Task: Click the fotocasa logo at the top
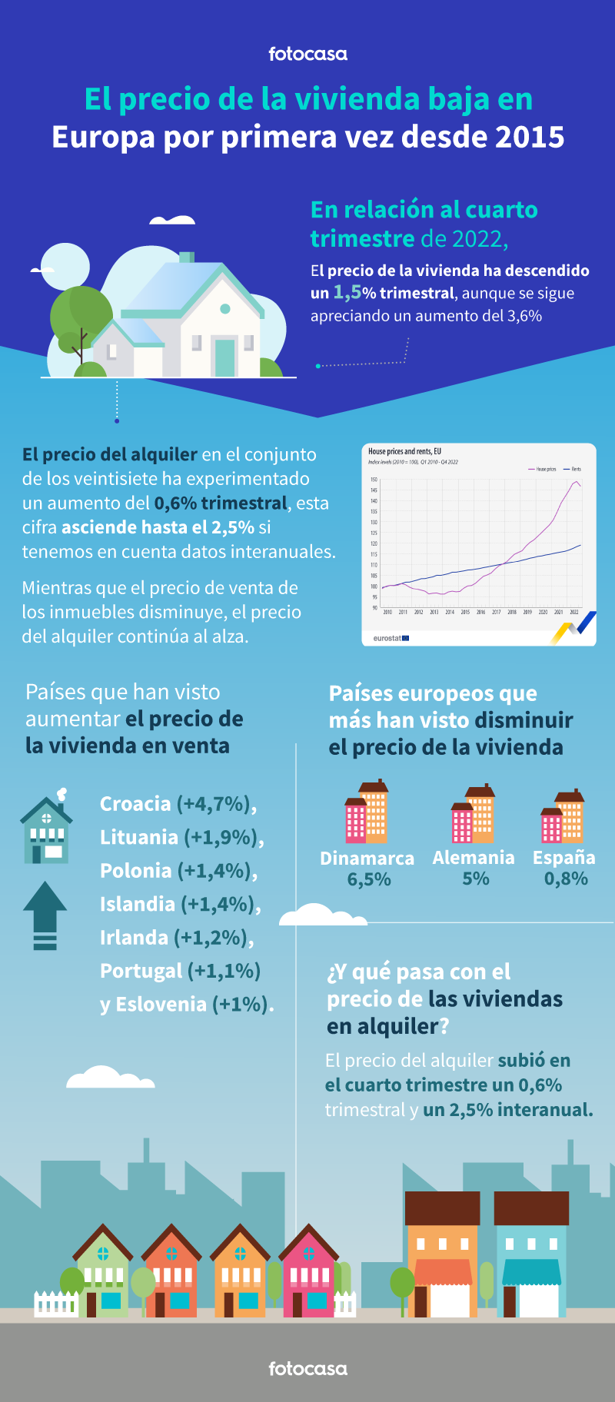pyautogui.click(x=307, y=54)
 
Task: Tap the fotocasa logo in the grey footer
pyautogui.click(x=307, y=1368)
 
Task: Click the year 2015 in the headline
pyautogui.click(x=530, y=137)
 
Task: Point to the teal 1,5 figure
pyautogui.click(x=347, y=293)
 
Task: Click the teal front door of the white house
pyautogui.click(x=224, y=357)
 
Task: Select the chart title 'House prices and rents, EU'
pyautogui.click(x=404, y=452)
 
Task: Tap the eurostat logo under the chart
pyautogui.click(x=391, y=638)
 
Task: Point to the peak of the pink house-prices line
pyautogui.click(x=576, y=482)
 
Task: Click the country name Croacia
pyautogui.click(x=135, y=804)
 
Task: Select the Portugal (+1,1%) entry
pyautogui.click(x=180, y=971)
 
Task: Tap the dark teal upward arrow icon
pyautogui.click(x=45, y=915)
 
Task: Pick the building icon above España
pyautogui.click(x=563, y=816)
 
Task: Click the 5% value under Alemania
pyautogui.click(x=475, y=879)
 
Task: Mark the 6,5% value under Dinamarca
pyautogui.click(x=369, y=879)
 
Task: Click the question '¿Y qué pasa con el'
pyautogui.click(x=419, y=972)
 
